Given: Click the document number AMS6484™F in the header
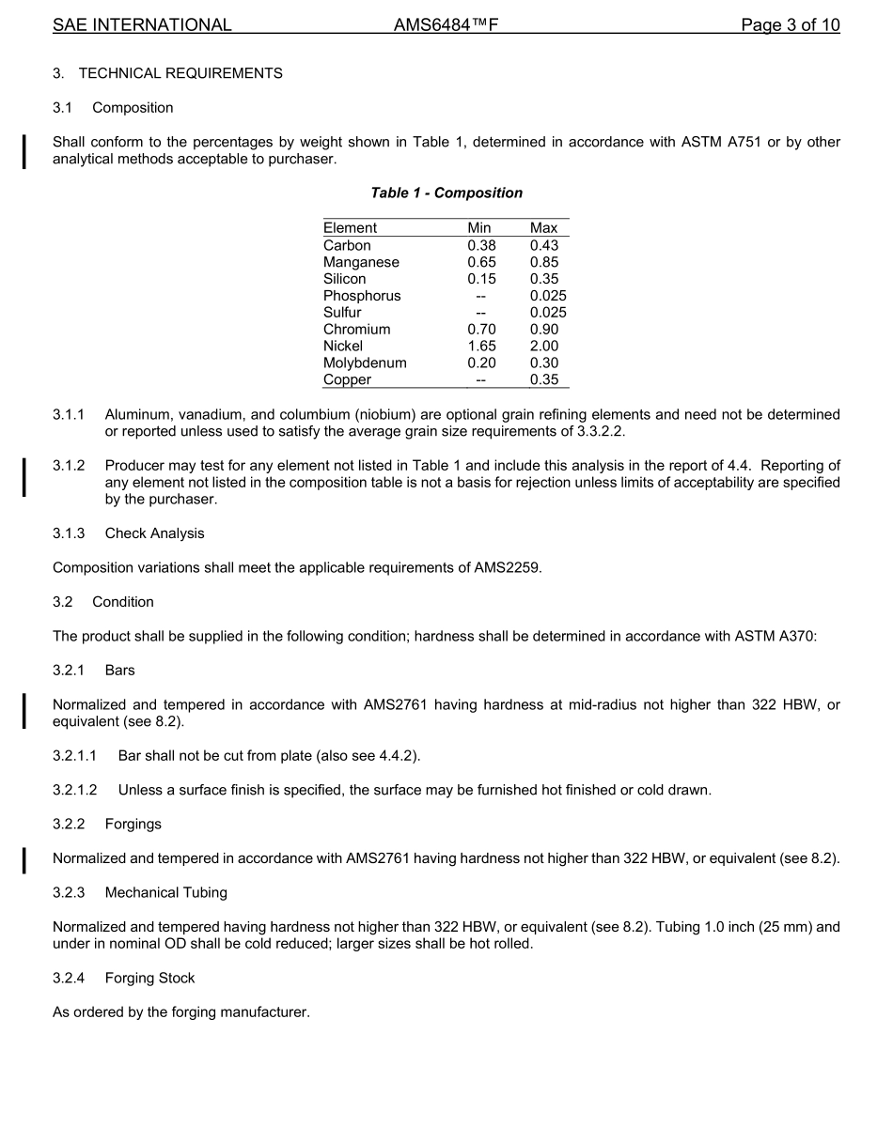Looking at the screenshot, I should (446, 25).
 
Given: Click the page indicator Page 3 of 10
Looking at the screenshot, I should (790, 25).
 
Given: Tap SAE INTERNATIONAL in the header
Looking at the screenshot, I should (142, 25).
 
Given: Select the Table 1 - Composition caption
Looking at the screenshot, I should (446, 193).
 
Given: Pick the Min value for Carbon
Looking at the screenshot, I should (481, 245).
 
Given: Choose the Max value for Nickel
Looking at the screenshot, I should (543, 346).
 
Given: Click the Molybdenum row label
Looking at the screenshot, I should (365, 363).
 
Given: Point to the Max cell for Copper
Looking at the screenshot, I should (543, 379).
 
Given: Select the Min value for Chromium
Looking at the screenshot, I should (481, 329).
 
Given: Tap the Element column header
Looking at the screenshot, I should (350, 228).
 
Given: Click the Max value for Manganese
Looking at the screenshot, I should (543, 262).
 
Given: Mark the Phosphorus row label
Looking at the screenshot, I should (362, 296).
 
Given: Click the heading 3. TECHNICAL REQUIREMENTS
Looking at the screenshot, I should (167, 73).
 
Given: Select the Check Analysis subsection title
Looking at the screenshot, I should (154, 533).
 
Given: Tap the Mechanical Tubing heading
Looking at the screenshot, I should (165, 892).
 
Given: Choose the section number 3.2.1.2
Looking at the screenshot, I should (81, 790).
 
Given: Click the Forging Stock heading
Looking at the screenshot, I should (149, 978).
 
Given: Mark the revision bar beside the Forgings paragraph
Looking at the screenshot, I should (24, 858).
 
